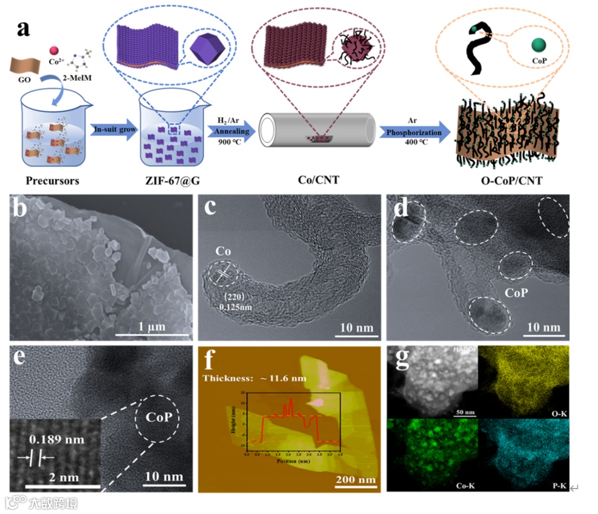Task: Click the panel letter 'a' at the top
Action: pyautogui.click(x=23, y=27)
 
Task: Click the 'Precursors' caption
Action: pyautogui.click(x=53, y=180)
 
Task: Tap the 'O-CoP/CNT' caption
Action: pyautogui.click(x=510, y=180)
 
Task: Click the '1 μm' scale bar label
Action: pyautogui.click(x=152, y=326)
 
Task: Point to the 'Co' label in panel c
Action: pyautogui.click(x=223, y=251)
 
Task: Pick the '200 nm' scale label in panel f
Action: pyautogui.click(x=355, y=479)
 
